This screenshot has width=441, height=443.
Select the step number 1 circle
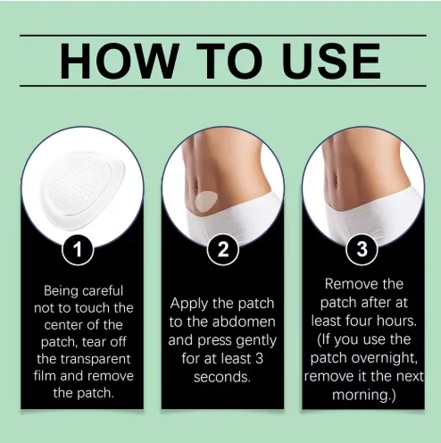pos(82,249)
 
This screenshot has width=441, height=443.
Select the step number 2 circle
pos(221,249)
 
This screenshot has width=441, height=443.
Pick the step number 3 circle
pos(361,249)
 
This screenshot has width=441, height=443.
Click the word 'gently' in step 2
pos(256,340)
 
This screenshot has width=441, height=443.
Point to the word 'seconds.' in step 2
pos(221,376)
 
